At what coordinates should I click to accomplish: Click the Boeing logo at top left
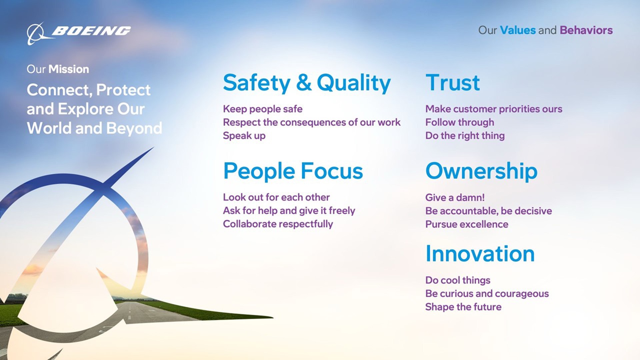(79, 32)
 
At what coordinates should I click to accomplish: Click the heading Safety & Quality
(307, 83)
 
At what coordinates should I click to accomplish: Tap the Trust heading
(452, 83)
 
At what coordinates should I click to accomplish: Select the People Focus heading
(293, 171)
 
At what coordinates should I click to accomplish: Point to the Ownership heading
(481, 171)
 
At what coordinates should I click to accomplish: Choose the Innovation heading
(480, 254)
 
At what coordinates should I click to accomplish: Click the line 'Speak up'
(244, 136)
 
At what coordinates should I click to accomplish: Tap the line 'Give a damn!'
(455, 197)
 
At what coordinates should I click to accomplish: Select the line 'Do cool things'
(457, 280)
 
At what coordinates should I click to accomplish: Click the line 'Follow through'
(459, 122)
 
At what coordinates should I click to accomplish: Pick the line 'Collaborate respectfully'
(278, 224)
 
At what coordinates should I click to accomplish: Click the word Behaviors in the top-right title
(586, 30)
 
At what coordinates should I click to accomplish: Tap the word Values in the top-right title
(517, 30)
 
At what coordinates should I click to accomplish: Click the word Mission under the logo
(69, 69)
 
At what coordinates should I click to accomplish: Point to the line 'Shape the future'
(463, 307)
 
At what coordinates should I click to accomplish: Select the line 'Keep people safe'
(262, 109)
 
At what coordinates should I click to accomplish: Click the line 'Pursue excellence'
(466, 224)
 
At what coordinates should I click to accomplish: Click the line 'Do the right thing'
(465, 136)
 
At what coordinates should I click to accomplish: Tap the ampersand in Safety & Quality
(304, 83)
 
